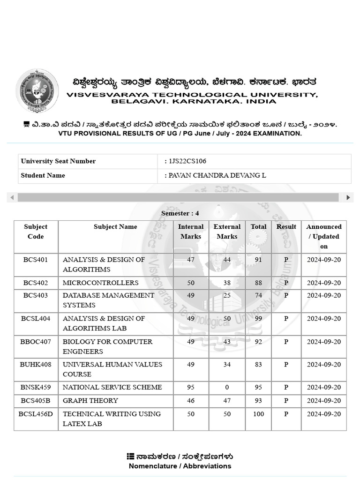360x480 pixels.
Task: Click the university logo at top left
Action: click(x=37, y=90)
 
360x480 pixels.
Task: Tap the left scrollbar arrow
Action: click(x=12, y=197)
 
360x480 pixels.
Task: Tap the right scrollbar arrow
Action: click(x=348, y=197)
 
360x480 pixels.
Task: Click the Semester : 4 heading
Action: click(x=180, y=213)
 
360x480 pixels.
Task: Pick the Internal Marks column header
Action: click(x=191, y=232)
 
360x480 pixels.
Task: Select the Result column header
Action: click(x=286, y=227)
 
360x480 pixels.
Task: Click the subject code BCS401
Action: click(x=36, y=259)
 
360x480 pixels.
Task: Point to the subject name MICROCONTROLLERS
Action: click(x=100, y=283)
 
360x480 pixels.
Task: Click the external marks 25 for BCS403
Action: click(x=227, y=295)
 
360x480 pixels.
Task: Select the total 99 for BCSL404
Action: click(x=258, y=318)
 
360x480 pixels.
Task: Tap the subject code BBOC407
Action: click(x=36, y=341)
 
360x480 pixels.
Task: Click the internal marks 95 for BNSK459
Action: click(x=191, y=387)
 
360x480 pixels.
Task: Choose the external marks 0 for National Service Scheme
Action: click(x=227, y=387)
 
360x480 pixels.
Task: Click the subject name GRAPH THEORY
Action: click(x=90, y=400)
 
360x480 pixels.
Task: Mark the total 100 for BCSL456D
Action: click(x=258, y=414)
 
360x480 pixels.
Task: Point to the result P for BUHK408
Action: click(x=286, y=364)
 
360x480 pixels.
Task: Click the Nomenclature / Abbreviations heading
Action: click(x=180, y=466)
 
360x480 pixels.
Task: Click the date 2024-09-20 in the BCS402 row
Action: click(x=323, y=283)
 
